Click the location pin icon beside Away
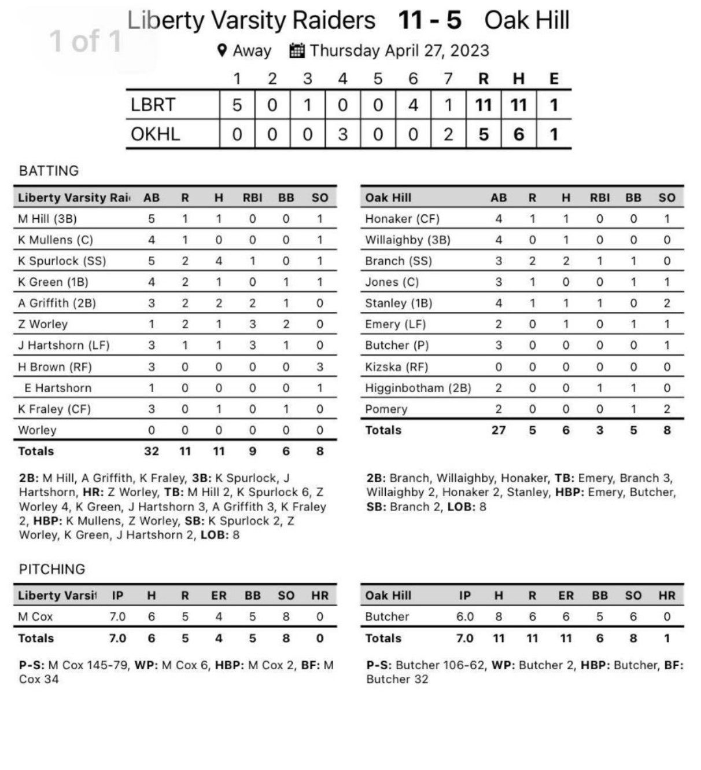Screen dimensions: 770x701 (x=222, y=50)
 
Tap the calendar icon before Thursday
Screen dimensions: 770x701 (x=297, y=50)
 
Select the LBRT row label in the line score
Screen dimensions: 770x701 (x=153, y=105)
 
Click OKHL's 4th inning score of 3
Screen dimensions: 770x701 (x=342, y=134)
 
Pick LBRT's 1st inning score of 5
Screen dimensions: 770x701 (x=237, y=105)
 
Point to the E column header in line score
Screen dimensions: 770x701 (x=554, y=78)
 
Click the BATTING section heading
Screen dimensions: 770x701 (x=49, y=171)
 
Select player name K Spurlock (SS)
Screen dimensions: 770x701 (x=62, y=261)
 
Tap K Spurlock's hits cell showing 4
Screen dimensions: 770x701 (x=219, y=261)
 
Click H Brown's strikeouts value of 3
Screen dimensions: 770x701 (x=319, y=366)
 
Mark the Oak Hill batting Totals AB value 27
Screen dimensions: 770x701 (x=499, y=430)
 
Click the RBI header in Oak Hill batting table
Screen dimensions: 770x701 (x=600, y=197)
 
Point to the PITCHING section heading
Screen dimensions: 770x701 (x=52, y=569)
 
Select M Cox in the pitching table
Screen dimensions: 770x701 (x=35, y=617)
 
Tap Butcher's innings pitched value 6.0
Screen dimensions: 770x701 (x=465, y=617)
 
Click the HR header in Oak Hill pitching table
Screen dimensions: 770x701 (x=667, y=595)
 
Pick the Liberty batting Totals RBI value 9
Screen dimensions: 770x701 (x=252, y=451)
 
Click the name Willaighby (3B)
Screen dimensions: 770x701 (x=407, y=240)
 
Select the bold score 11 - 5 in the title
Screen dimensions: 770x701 (x=430, y=20)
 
